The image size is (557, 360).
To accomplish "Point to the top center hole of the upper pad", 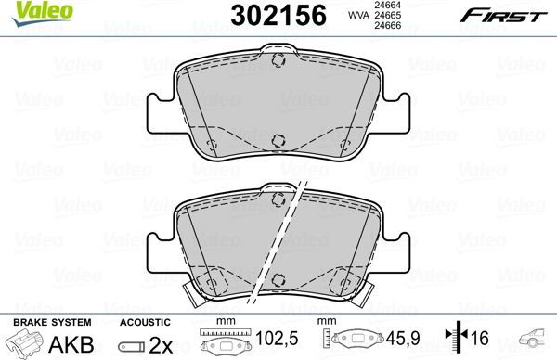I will click(277, 60).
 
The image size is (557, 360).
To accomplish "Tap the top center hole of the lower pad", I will click(277, 199).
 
